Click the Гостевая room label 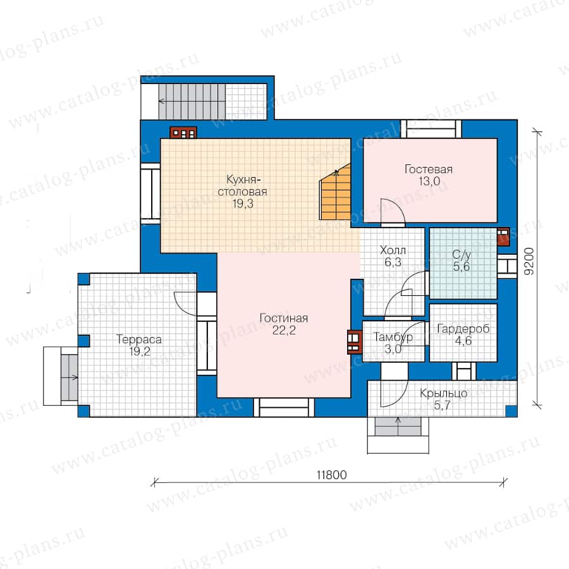tap(429, 169)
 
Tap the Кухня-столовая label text tap(242, 185)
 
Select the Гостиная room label tap(284, 318)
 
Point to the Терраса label tap(139, 340)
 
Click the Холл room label tap(393, 250)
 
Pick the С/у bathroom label tap(462, 255)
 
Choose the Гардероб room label tap(463, 329)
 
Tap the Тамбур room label tap(393, 337)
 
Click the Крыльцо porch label tap(443, 393)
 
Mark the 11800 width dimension tap(332, 475)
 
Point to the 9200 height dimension tap(529, 261)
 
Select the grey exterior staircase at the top tap(192, 101)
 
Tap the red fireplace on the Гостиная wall tap(355, 342)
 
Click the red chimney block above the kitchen tap(183, 133)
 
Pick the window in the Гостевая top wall tap(431, 129)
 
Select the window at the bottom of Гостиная tap(284, 407)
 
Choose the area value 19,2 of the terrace tap(140, 352)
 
